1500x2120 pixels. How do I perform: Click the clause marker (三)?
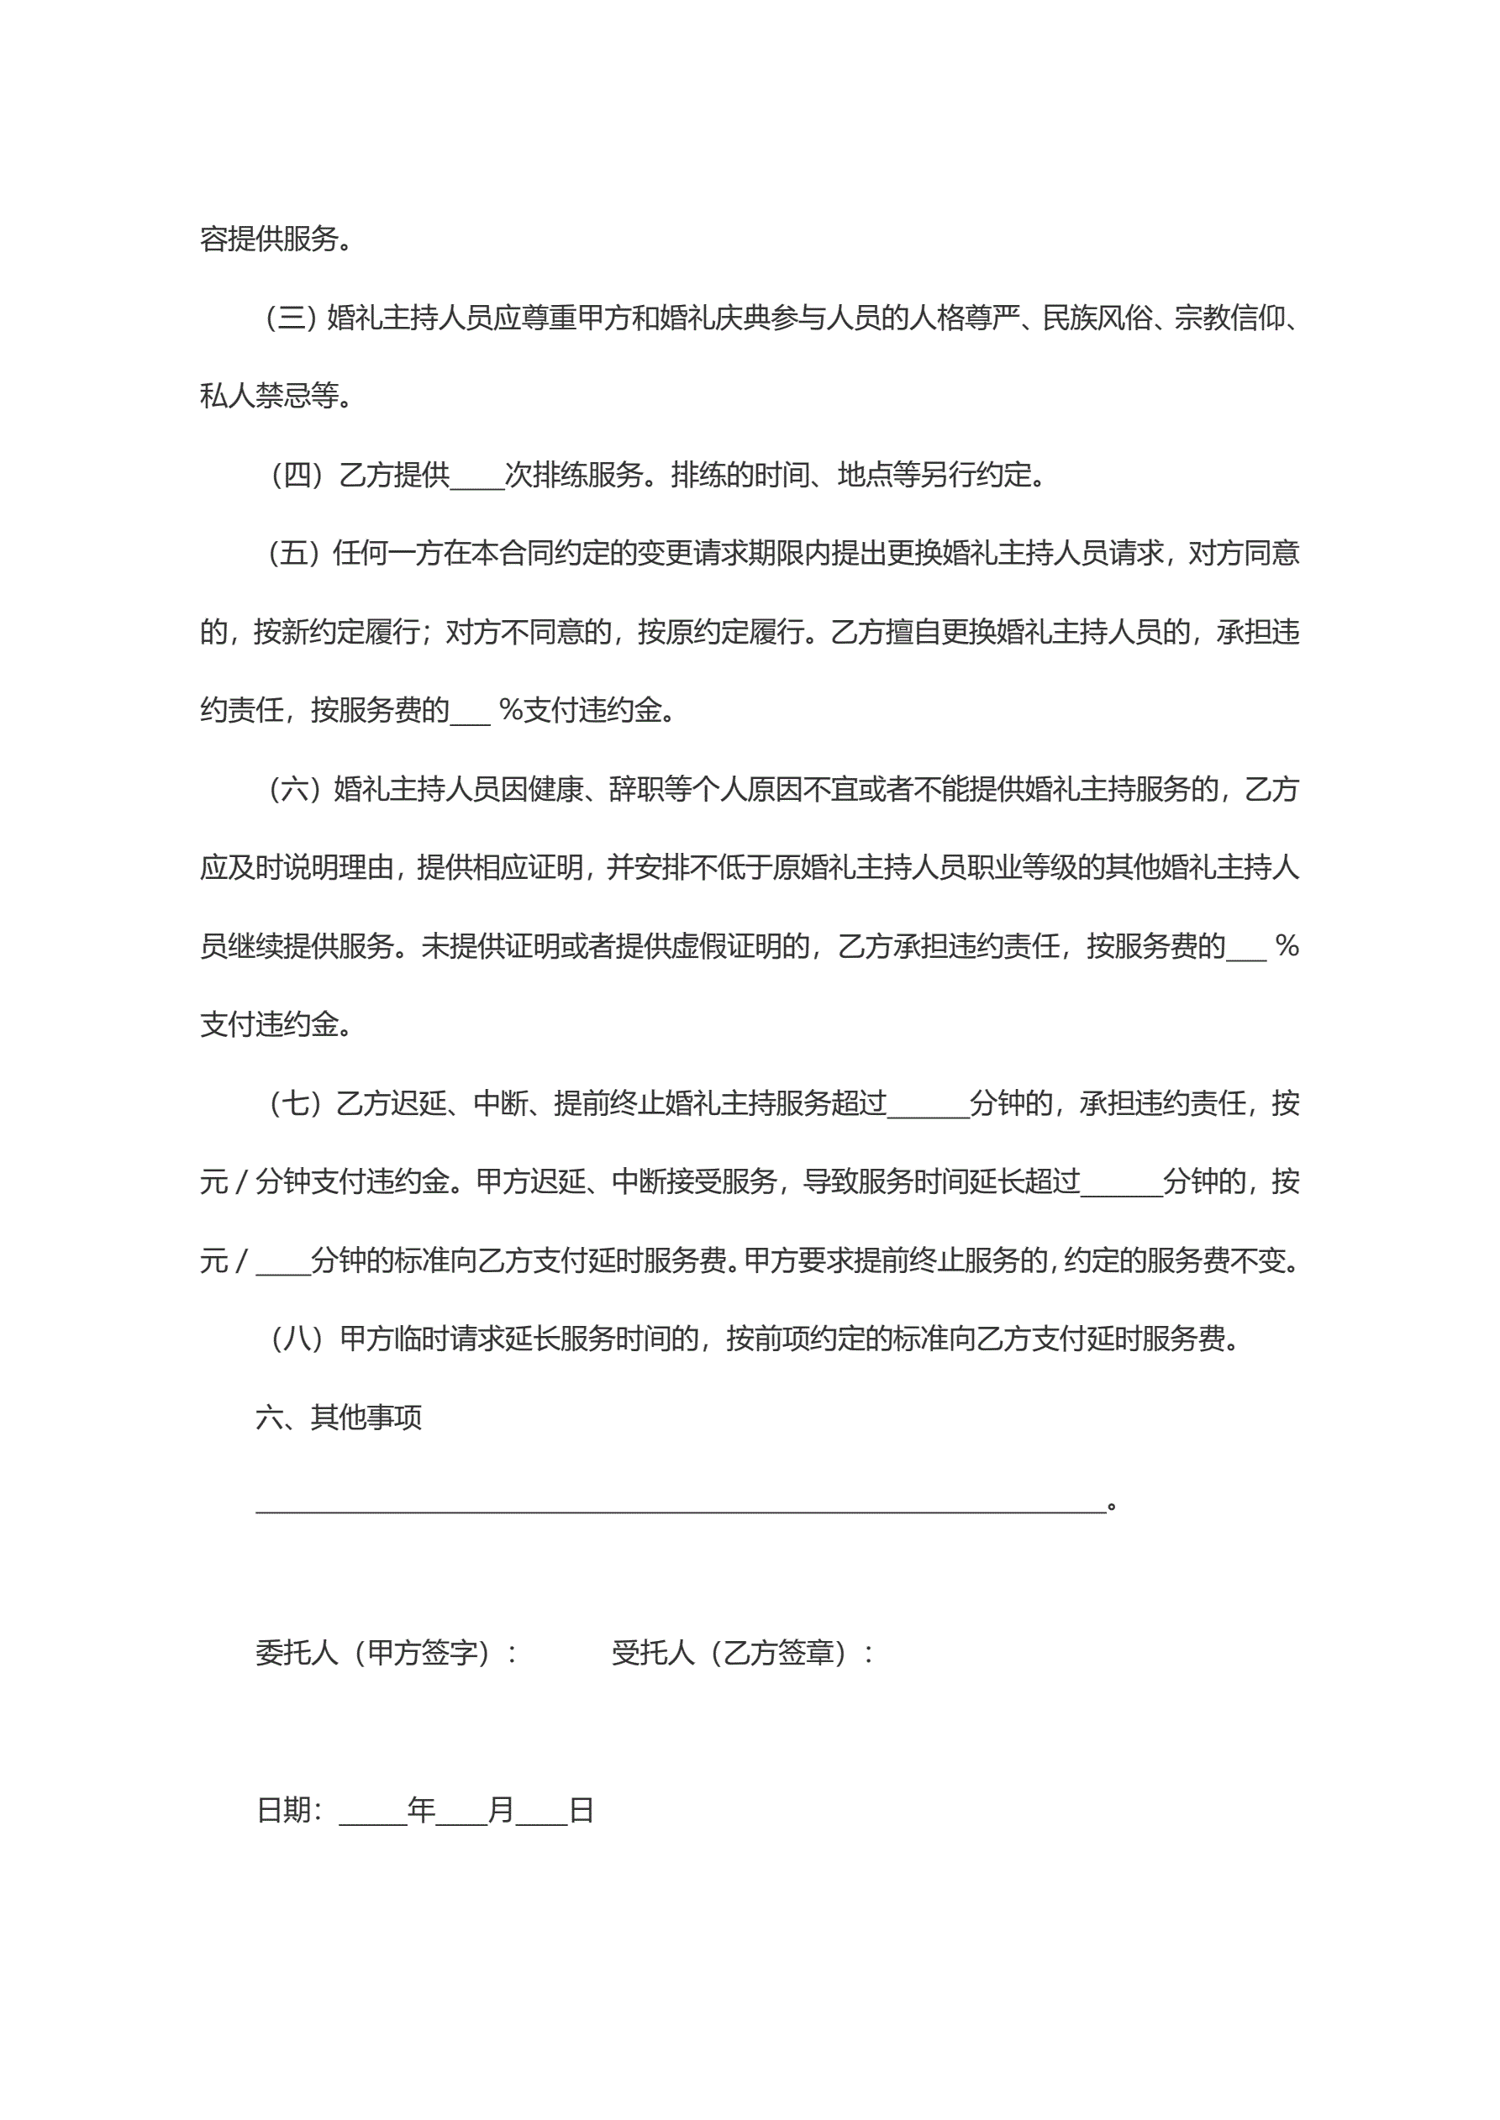(290, 318)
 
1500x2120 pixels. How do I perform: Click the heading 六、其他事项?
(339, 1418)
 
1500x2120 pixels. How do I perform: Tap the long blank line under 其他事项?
(681, 1507)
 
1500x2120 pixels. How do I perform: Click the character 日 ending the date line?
(581, 1810)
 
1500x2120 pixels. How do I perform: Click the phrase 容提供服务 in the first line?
(269, 240)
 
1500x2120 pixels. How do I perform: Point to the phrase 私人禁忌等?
(269, 397)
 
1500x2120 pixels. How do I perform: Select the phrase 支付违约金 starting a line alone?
(269, 1025)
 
